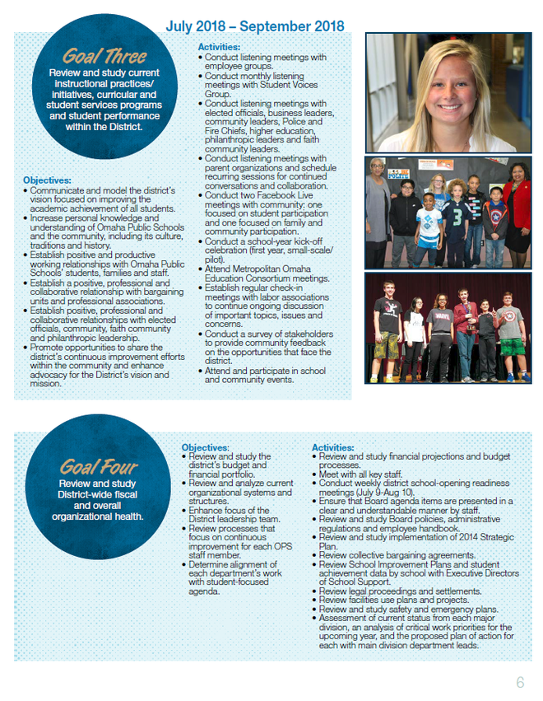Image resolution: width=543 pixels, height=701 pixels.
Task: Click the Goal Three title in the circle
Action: coord(104,57)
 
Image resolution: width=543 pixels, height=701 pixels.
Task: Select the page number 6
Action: coord(520,682)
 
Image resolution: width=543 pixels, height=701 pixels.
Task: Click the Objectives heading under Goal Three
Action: coord(47,180)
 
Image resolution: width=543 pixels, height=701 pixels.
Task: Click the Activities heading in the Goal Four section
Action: coord(333,447)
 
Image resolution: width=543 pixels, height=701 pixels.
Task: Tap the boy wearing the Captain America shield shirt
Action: coord(510,338)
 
